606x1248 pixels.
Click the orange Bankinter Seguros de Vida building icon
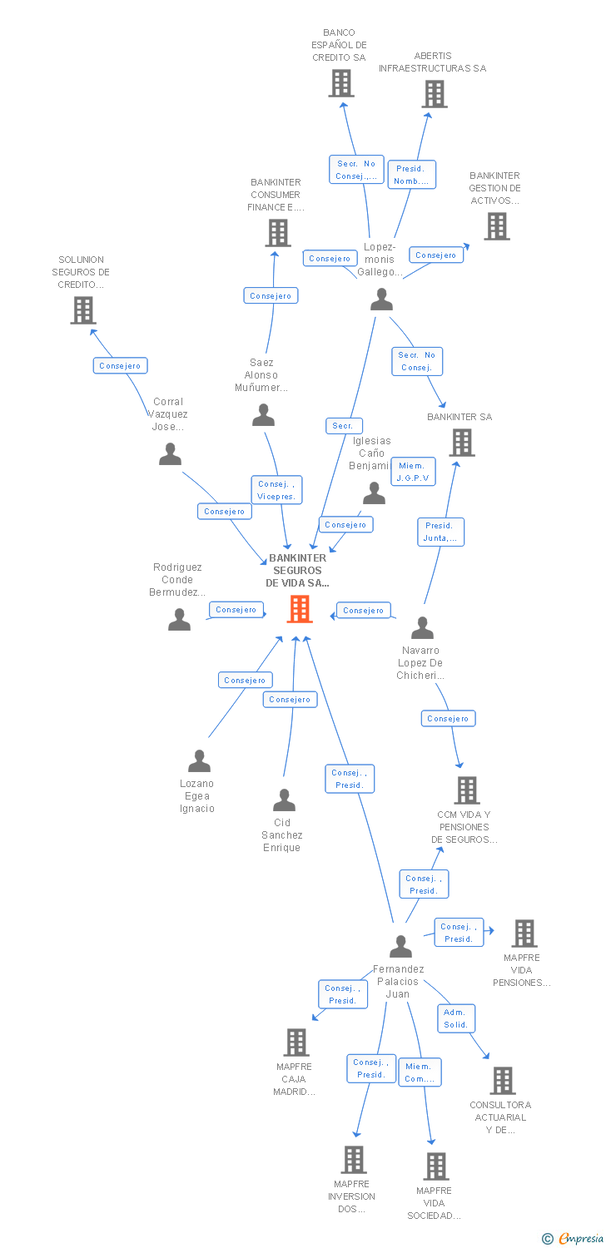(299, 609)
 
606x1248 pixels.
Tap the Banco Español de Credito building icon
(340, 83)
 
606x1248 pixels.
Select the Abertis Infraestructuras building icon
(434, 94)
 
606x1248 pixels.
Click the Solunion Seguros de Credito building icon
(82, 310)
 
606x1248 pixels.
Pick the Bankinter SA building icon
(461, 443)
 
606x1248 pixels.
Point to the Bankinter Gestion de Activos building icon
(496, 226)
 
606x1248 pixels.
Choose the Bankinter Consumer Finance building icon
(278, 233)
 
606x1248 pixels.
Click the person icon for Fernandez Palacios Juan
(400, 946)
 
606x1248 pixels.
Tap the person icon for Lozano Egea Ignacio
(199, 761)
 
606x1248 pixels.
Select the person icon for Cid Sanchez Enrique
(284, 800)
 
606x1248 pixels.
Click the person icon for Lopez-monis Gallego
(381, 300)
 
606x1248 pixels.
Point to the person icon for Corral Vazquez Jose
(170, 454)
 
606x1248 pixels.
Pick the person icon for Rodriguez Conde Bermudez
(179, 620)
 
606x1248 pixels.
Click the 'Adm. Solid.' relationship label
(456, 1018)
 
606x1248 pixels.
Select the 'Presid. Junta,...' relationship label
(440, 532)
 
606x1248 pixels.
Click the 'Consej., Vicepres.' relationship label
(276, 490)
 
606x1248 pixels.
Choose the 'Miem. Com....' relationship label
(420, 1072)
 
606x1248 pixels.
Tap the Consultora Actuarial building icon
(502, 1081)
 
